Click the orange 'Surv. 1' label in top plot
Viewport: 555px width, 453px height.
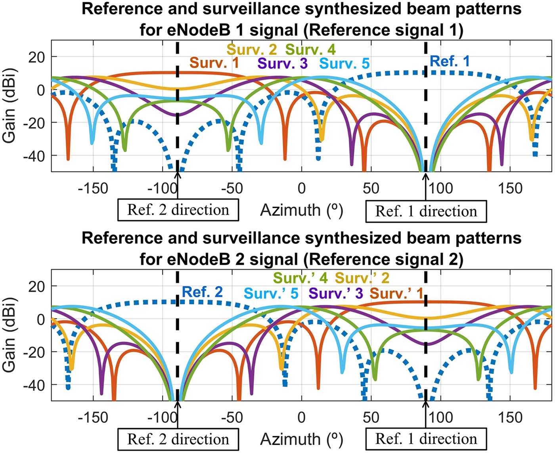pyautogui.click(x=214, y=63)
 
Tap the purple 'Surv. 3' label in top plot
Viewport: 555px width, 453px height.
pyautogui.click(x=282, y=63)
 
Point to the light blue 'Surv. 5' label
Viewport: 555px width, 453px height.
pyautogui.click(x=344, y=63)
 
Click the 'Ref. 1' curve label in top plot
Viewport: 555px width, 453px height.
pyautogui.click(x=450, y=61)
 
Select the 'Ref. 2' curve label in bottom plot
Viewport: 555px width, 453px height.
pyautogui.click(x=202, y=292)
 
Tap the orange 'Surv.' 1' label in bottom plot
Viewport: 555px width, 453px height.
pyautogui.click(x=396, y=293)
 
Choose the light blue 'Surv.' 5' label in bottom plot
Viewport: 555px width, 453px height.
pyautogui.click(x=271, y=293)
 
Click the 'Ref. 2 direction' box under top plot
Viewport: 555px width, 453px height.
pyautogui.click(x=178, y=210)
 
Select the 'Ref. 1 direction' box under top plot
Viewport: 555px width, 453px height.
pyautogui.click(x=426, y=211)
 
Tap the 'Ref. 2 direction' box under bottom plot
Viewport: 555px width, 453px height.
pyautogui.click(x=178, y=439)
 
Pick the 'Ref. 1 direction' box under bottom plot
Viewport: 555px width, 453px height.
pyautogui.click(x=426, y=439)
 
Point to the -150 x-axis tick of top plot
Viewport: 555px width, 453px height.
pyautogui.click(x=93, y=188)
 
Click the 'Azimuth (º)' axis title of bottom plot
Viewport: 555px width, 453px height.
pyautogui.click(x=301, y=439)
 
